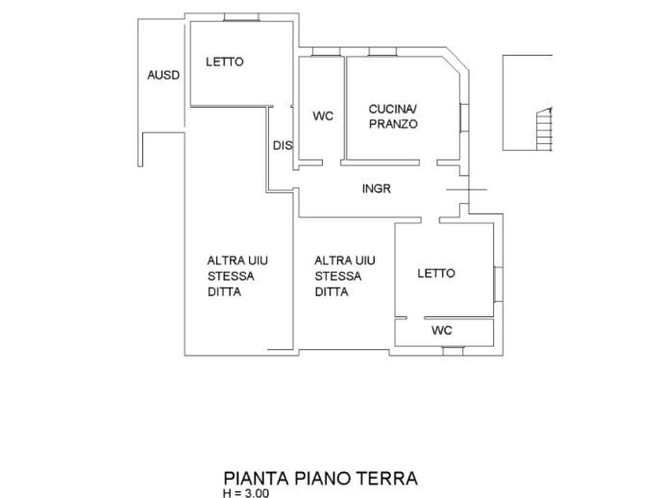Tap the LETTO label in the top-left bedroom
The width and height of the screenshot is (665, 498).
coord(224,62)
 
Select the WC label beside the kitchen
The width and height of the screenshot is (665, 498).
coord(323,116)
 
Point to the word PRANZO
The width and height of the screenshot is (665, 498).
coord(393,124)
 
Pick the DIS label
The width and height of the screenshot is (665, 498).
coord(282,146)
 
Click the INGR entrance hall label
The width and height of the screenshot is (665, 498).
coord(376,188)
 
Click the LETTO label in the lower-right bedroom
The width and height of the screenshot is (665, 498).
coord(435,274)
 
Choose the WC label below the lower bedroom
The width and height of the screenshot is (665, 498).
coord(442,330)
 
